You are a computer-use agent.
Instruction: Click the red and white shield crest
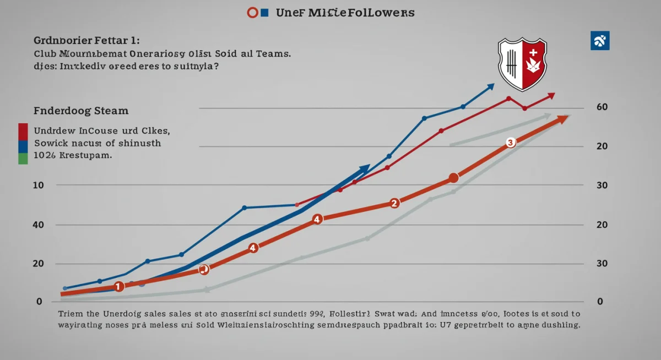(x=522, y=64)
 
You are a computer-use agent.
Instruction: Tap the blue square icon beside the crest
(x=599, y=41)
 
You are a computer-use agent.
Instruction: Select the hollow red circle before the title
(x=253, y=12)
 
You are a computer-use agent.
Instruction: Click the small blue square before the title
(x=264, y=12)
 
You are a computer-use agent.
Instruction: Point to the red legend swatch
(x=23, y=132)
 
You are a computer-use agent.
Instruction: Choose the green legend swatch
(x=23, y=159)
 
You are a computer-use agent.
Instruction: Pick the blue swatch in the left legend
(x=23, y=146)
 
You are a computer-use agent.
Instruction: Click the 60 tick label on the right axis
(x=602, y=107)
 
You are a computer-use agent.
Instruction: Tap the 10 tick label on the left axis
(x=38, y=186)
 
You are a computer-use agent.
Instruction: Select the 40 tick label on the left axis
(x=38, y=225)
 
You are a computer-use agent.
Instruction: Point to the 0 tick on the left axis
(x=39, y=302)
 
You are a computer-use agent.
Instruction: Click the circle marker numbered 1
(x=119, y=286)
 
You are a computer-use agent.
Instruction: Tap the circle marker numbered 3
(x=510, y=143)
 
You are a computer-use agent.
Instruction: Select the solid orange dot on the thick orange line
(x=453, y=178)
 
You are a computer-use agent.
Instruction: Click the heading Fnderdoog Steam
(x=81, y=111)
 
